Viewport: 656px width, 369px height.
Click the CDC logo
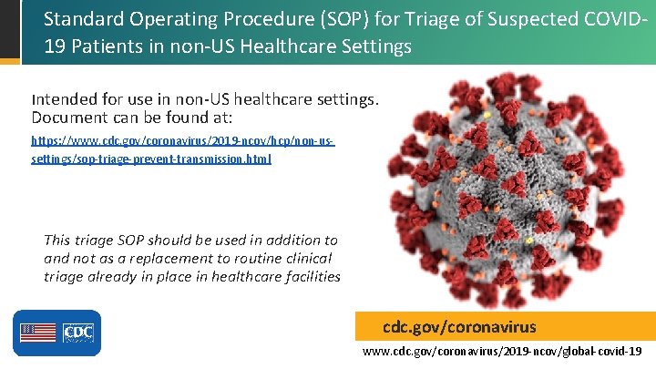(78, 333)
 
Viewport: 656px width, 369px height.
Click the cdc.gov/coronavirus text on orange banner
(459, 326)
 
